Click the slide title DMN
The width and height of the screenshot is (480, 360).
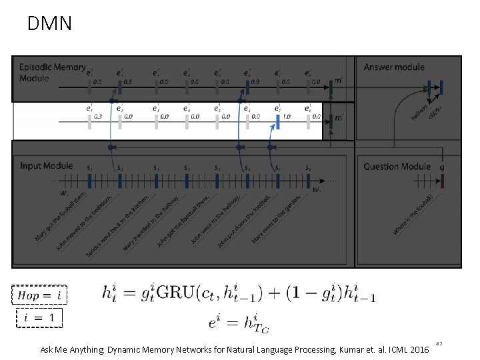[x=49, y=25]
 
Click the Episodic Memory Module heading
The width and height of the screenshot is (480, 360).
[x=52, y=72]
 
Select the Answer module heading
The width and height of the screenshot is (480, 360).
[x=394, y=67]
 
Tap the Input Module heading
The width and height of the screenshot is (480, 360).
[x=46, y=165]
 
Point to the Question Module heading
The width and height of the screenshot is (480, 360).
[x=398, y=166]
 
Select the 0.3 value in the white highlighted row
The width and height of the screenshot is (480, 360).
[x=98, y=117]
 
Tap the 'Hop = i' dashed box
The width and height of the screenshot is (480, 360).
[x=39, y=294]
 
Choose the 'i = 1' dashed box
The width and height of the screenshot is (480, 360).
[x=39, y=318]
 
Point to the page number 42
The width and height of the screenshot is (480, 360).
[x=439, y=344]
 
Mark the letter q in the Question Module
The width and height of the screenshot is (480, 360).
[x=443, y=168]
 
